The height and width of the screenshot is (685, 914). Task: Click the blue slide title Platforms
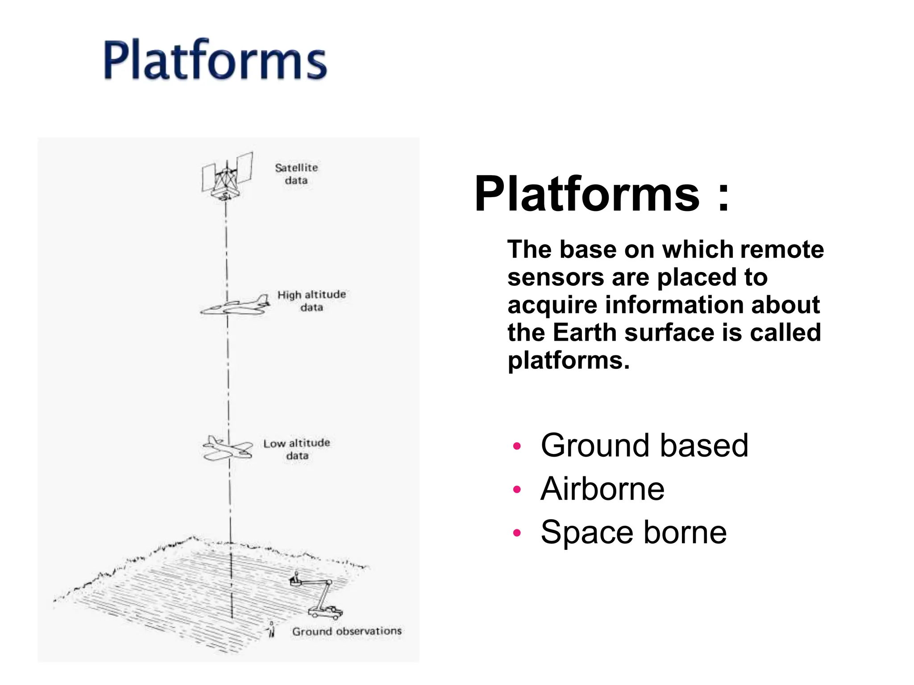click(215, 60)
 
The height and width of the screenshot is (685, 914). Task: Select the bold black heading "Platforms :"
click(602, 194)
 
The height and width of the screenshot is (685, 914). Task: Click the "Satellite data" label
click(296, 174)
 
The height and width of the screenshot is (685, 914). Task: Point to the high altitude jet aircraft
click(236, 306)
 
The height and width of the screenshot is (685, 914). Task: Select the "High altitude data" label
click(312, 301)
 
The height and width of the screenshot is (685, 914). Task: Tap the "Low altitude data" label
click(296, 449)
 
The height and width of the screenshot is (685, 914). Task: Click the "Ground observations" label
click(347, 631)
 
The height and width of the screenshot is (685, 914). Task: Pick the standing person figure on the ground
click(271, 630)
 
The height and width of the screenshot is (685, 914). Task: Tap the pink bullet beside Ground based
click(517, 446)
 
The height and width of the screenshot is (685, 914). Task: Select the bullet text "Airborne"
click(602, 489)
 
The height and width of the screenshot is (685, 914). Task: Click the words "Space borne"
click(633, 532)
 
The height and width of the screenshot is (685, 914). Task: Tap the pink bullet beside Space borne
click(517, 532)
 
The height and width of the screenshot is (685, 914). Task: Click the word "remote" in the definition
click(781, 249)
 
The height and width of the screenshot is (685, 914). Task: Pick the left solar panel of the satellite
click(208, 177)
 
